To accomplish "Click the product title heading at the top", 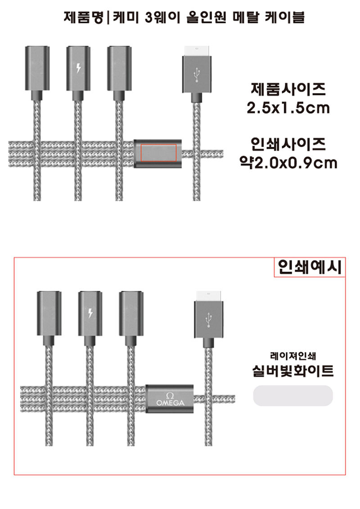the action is click(x=184, y=18).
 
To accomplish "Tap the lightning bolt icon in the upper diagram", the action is click(x=78, y=67).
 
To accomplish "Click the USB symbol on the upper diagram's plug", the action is click(x=197, y=75).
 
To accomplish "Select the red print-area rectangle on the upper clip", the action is click(x=158, y=153).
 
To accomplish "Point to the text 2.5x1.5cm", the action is click(x=288, y=108).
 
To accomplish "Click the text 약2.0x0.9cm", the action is click(x=288, y=163).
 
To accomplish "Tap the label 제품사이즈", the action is click(x=288, y=89).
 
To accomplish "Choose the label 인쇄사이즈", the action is click(x=288, y=144).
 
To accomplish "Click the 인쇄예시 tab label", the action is click(x=310, y=267).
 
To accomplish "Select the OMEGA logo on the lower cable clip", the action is click(x=170, y=399).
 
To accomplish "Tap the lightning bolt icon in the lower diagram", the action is click(x=90, y=313).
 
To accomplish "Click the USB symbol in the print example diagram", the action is click(x=208, y=320).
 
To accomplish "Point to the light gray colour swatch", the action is click(x=293, y=396).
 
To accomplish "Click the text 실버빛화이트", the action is click(x=293, y=371).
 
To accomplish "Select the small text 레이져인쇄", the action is click(x=293, y=356).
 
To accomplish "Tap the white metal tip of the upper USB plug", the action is click(x=197, y=51).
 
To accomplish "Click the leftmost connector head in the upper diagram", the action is click(x=37, y=68).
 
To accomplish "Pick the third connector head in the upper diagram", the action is click(x=119, y=68).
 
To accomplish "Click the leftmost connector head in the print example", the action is click(x=49, y=313).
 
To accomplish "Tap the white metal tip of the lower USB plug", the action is click(x=208, y=296).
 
